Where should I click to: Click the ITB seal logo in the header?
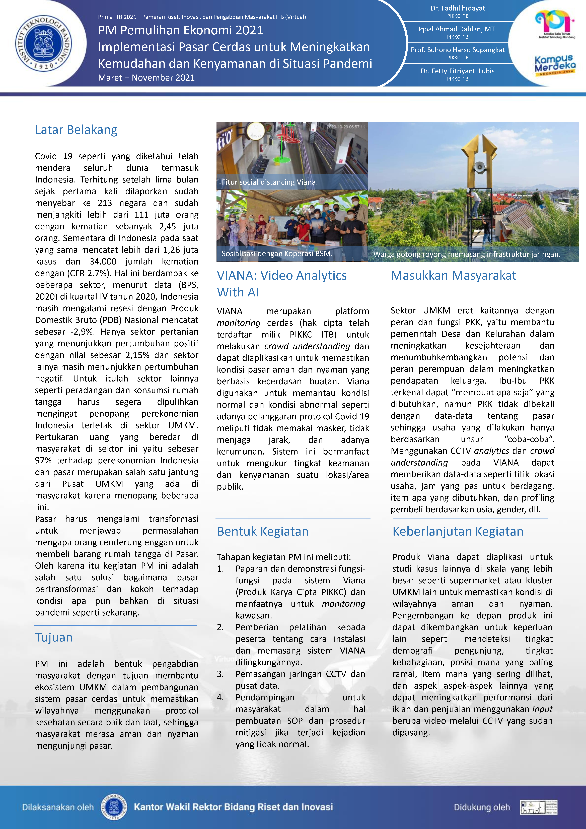43,43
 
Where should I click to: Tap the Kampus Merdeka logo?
555,65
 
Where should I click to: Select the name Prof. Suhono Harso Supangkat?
458,50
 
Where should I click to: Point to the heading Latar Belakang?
76,130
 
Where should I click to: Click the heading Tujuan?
54,637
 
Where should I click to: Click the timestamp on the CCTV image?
346,127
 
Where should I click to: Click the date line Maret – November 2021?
146,78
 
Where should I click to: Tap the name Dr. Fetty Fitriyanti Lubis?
458,71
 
